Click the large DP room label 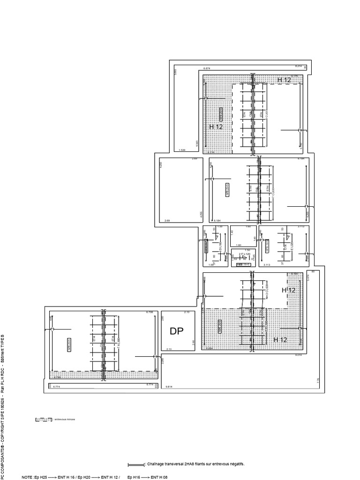click(177, 331)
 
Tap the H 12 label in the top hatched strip click(284, 80)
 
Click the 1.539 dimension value click(183, 150)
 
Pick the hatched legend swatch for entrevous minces click(43, 420)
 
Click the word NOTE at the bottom click(27, 477)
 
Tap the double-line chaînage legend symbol click(135, 465)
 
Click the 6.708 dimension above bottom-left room click(150, 312)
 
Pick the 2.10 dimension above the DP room click(186, 312)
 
